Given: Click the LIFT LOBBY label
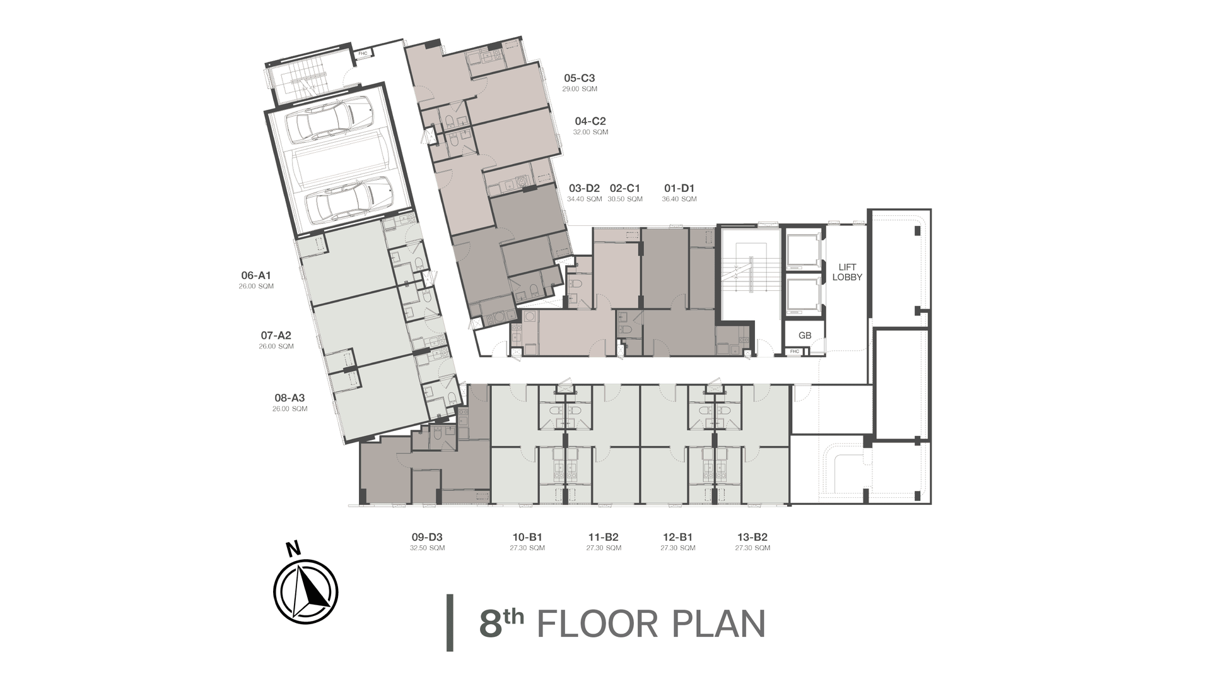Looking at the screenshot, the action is [847, 272].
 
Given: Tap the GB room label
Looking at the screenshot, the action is [805, 336].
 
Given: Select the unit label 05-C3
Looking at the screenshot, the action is [580, 78].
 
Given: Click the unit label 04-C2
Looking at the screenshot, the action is [590, 121].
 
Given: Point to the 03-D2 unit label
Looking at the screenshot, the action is [584, 188].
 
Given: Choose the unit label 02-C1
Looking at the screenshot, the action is [625, 188].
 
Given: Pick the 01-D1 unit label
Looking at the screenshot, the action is [679, 188].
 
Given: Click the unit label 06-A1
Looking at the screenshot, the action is [256, 275].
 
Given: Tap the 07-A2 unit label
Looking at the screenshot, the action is [276, 335].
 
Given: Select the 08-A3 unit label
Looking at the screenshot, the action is [290, 398].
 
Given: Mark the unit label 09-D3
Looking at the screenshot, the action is [427, 537].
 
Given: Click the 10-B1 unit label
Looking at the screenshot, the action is [527, 537].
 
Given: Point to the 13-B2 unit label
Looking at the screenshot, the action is [752, 537].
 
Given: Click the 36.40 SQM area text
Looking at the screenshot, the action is [679, 199].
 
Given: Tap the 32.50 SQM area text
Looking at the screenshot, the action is [427, 548].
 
